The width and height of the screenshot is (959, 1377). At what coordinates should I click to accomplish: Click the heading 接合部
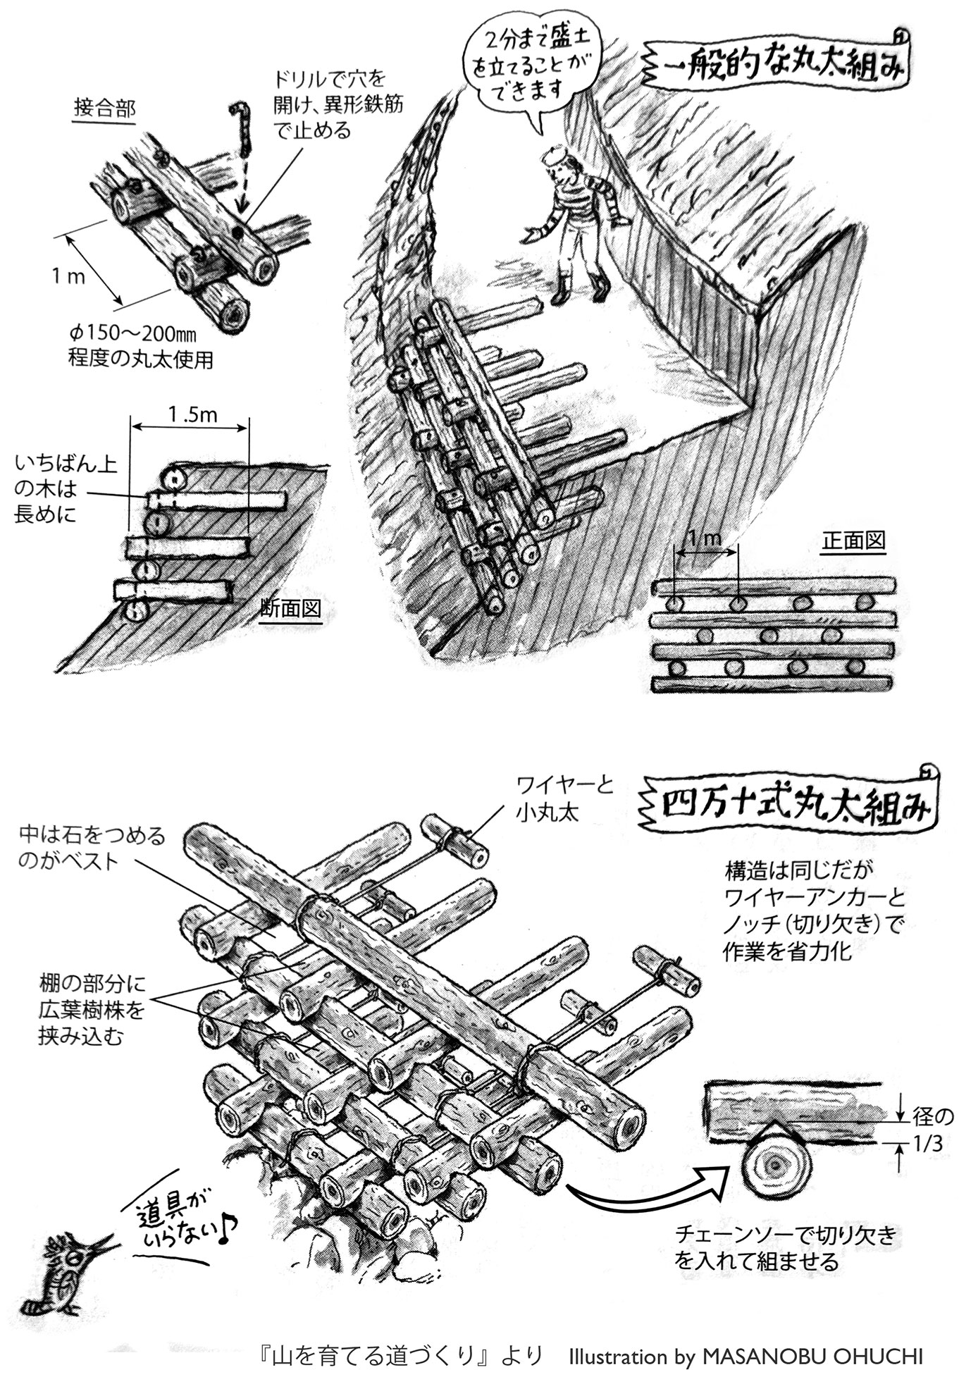[x=104, y=109]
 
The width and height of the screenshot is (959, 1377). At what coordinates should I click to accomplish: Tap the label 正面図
[x=853, y=541]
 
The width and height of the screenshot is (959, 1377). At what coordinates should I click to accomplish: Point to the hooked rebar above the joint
[x=241, y=127]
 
